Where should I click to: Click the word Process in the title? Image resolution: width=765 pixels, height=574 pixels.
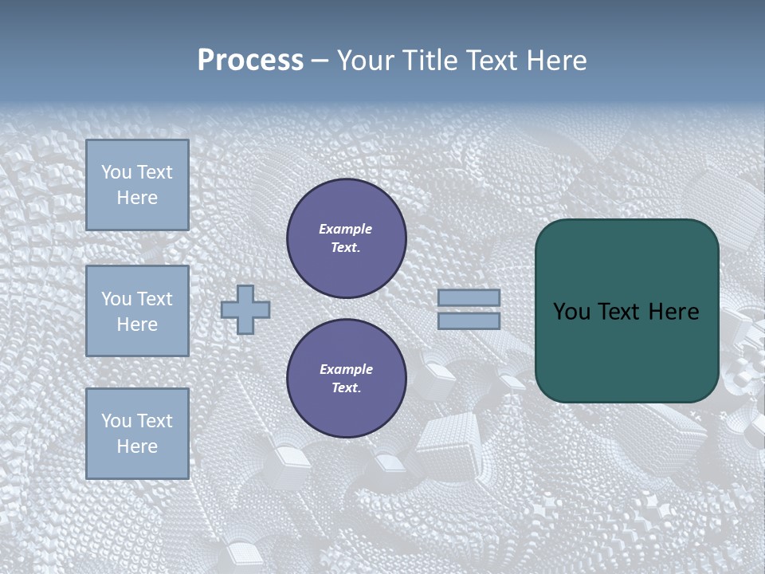tap(250, 61)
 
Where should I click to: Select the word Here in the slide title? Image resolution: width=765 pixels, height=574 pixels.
tap(555, 61)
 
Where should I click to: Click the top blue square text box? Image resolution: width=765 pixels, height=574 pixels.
tap(137, 185)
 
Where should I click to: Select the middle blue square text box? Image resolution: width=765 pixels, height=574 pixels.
tap(137, 311)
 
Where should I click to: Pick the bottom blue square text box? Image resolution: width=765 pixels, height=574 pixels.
tap(137, 434)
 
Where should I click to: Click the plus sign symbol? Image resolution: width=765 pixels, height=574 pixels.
tap(245, 309)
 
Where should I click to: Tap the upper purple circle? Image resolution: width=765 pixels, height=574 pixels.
tap(347, 238)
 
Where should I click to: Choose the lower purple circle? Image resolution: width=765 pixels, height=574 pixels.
tap(347, 379)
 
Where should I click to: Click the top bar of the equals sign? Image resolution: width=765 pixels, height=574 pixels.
tap(469, 298)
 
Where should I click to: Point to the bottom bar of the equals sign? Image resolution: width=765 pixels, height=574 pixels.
tap(469, 320)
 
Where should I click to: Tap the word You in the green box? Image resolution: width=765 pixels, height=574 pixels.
tap(571, 312)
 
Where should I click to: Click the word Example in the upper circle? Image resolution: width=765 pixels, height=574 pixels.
tap(346, 229)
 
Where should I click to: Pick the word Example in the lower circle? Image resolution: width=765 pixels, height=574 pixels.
tap(346, 369)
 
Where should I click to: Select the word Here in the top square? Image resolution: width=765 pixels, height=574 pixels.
tap(137, 198)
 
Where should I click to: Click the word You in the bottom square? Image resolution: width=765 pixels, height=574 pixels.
tap(116, 421)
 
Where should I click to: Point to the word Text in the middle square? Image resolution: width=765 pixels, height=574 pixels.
tap(155, 299)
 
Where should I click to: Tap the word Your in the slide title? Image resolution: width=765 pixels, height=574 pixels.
tap(368, 61)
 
